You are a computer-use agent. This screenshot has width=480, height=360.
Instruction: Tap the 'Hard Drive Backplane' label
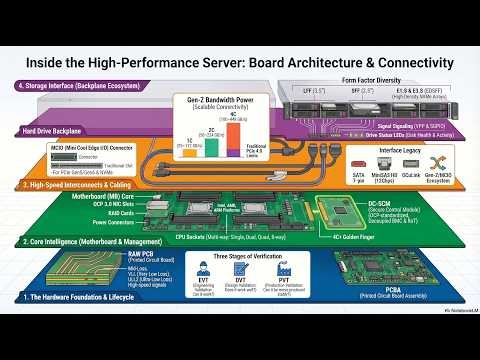(53, 131)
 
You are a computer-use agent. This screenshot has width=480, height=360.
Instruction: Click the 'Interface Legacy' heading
(400, 151)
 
